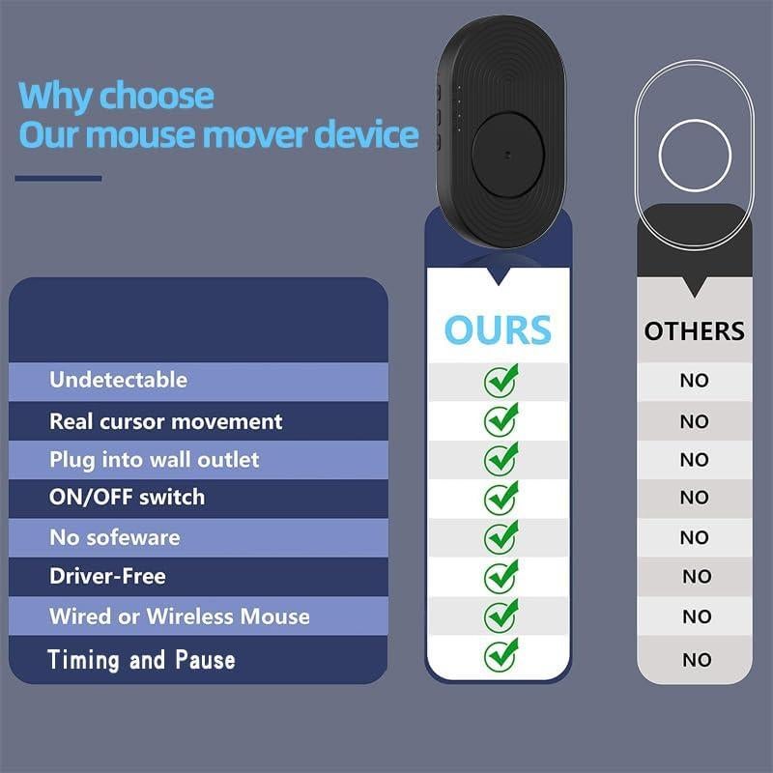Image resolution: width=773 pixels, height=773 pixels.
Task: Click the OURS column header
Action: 498,329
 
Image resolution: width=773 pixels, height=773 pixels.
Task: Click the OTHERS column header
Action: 694,331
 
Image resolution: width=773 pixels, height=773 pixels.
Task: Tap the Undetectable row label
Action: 118,380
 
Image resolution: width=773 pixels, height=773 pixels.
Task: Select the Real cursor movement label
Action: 165,421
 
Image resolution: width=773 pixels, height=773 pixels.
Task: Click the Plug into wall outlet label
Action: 154,460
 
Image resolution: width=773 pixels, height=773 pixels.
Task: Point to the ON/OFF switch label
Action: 127,498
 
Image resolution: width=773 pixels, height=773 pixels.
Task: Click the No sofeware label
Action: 114,537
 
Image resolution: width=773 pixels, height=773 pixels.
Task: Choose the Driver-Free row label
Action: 107,576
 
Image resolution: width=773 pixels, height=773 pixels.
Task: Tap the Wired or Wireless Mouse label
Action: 179,616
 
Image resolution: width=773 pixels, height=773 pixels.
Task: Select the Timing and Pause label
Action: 141,660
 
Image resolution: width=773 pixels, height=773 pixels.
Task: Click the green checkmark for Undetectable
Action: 501,380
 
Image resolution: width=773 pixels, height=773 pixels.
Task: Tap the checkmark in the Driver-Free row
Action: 501,576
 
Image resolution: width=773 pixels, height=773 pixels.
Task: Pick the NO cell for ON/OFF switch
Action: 694,498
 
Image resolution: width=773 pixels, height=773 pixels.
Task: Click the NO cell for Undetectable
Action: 694,381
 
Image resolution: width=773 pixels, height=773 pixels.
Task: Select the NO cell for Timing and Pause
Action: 696,660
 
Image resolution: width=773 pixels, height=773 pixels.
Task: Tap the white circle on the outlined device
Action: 695,155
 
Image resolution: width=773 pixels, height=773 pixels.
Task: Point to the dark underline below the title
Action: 58,178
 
